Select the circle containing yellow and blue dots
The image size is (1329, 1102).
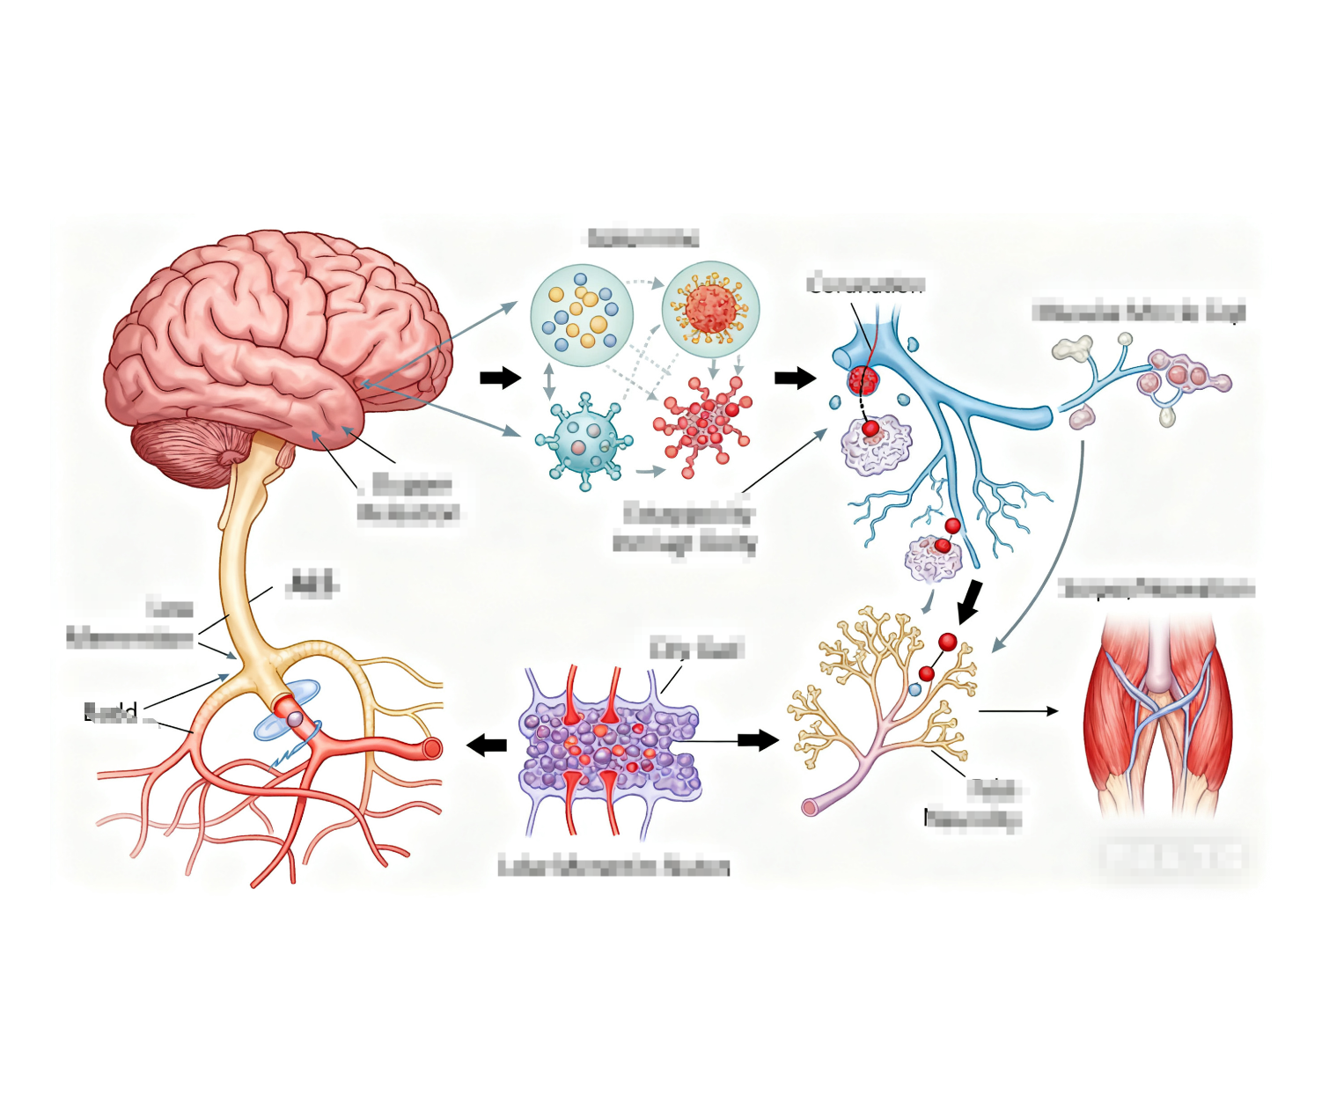581,315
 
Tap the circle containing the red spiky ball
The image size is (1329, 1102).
709,308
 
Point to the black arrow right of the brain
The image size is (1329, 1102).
500,378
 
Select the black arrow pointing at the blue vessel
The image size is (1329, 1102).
795,378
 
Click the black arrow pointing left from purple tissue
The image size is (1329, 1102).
486,745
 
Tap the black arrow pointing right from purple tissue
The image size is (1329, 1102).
758,740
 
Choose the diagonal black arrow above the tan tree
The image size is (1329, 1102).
970,601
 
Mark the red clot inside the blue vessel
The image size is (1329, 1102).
863,380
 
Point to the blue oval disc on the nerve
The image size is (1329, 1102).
287,709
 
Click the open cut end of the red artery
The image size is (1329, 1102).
432,748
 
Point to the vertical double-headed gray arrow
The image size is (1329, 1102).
549,381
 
